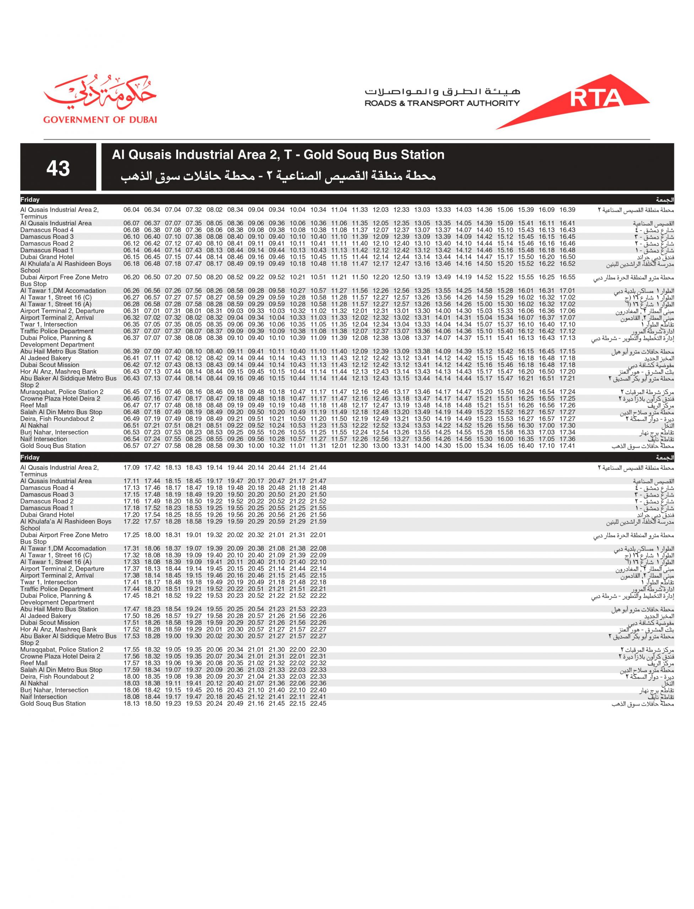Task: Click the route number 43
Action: (58, 168)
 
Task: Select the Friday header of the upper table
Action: (30, 200)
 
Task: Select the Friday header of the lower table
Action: (30, 458)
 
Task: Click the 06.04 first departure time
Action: (131, 210)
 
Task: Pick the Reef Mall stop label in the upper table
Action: (34, 405)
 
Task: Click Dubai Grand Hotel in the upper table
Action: (47, 257)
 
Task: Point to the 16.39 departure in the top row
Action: (567, 210)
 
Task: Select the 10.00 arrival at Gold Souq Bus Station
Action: (256, 446)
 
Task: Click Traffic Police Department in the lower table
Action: (56, 589)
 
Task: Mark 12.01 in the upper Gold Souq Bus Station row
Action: (339, 446)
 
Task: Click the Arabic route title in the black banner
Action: (278, 177)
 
